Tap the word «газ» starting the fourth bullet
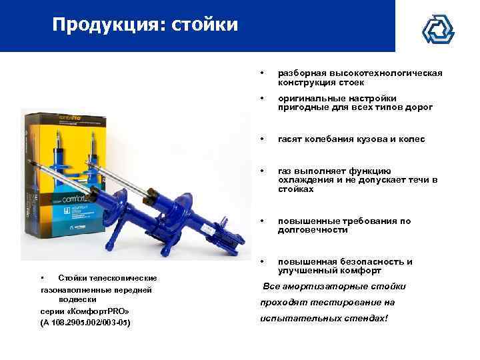tap(286, 171)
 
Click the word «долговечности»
tap(313, 230)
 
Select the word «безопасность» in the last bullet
tap(375, 262)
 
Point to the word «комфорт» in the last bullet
tap(360, 271)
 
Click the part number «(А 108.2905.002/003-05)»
tap(86, 323)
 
